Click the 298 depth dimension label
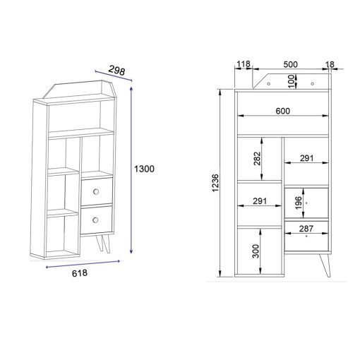coord(116,70)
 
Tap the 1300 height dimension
coord(144,169)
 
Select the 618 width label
coord(80,273)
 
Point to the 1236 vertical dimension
coord(215,183)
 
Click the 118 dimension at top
coord(244,64)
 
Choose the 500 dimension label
coord(290,64)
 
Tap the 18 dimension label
coord(330,64)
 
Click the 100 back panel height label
coord(292,81)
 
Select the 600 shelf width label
coord(282,111)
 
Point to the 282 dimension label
coord(258,159)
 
